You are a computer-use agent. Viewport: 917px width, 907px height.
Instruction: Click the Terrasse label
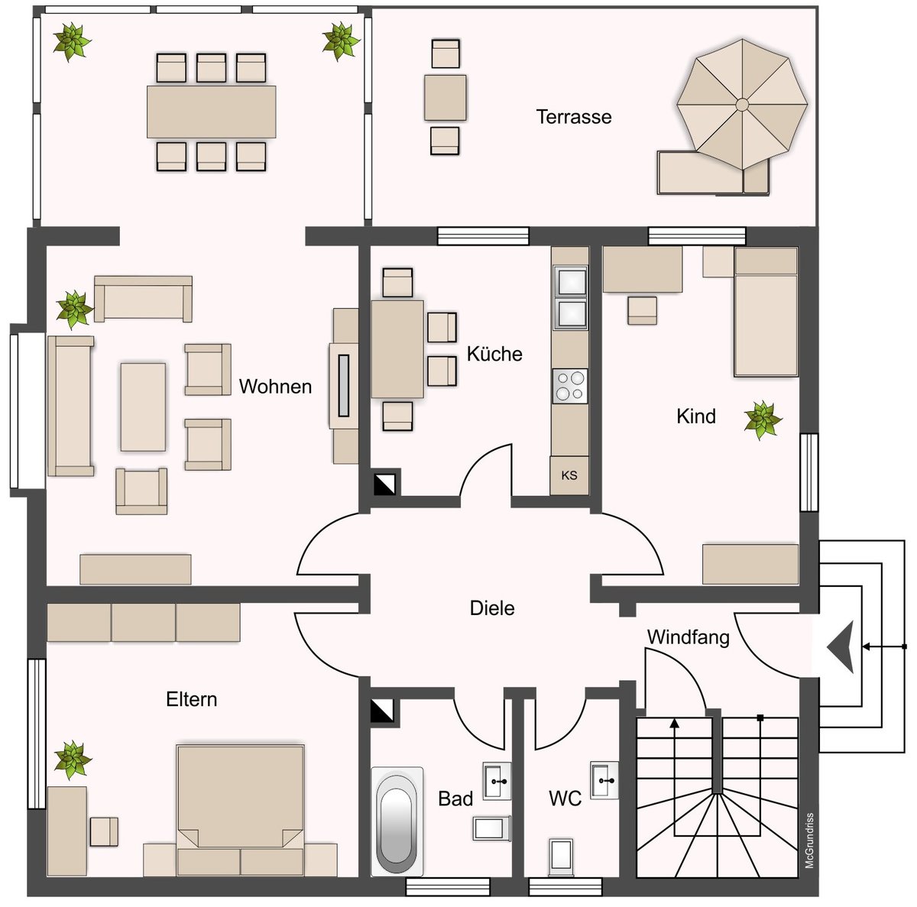pos(573,117)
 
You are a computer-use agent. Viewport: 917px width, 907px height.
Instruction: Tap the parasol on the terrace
pos(741,104)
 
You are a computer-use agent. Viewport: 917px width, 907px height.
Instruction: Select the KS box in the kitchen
pos(569,475)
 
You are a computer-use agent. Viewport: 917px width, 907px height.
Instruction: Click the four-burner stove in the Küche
pos(570,386)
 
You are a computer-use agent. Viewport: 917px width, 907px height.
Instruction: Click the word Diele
pos(492,608)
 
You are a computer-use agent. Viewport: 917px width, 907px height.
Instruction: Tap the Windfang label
pos(688,637)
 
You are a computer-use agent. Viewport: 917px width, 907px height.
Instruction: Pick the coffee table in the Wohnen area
pos(143,407)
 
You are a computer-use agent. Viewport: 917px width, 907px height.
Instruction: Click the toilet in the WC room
pos(561,857)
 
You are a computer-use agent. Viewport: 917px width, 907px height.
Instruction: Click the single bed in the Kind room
pos(766,311)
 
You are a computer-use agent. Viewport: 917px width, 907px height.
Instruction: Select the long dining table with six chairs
pos(211,112)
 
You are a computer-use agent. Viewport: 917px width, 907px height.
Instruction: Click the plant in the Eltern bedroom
pos(73,760)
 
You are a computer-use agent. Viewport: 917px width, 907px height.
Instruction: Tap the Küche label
pos(494,354)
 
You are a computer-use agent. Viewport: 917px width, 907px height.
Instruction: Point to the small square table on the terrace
pos(445,98)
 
